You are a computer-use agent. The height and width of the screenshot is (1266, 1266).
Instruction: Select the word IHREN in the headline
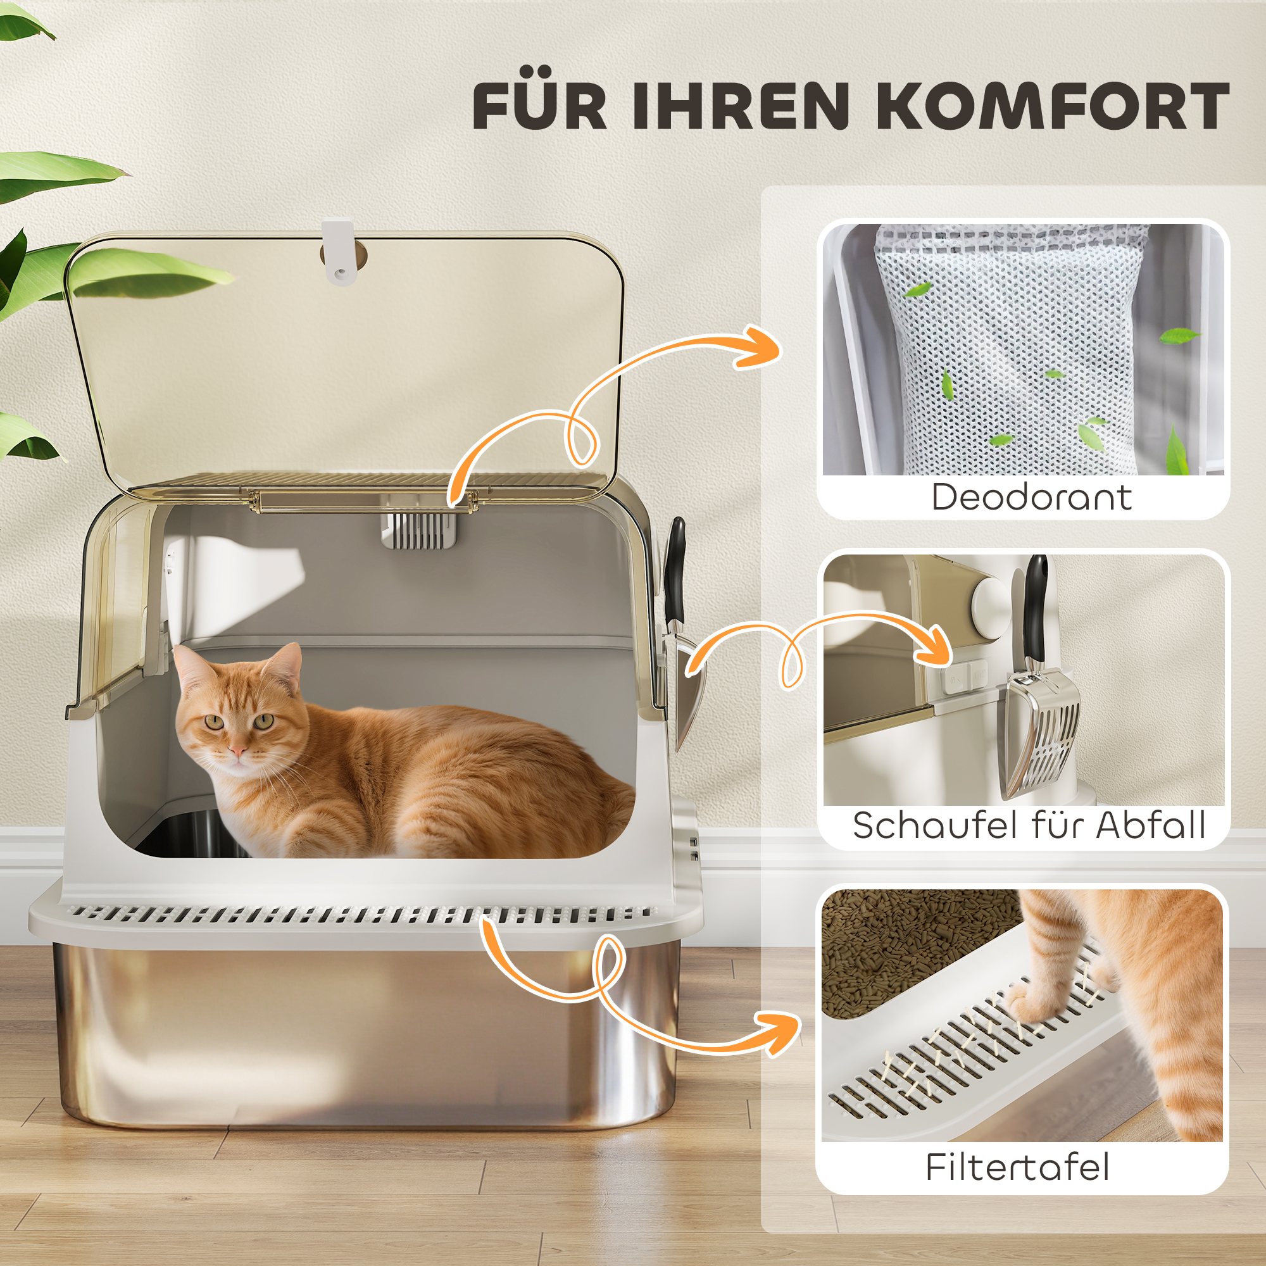point(741,107)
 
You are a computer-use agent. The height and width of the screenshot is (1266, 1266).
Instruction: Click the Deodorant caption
point(1031,498)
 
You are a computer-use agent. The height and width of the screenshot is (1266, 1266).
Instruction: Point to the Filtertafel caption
point(1018,1167)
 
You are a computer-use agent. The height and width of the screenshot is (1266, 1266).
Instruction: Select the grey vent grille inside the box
point(420,529)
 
